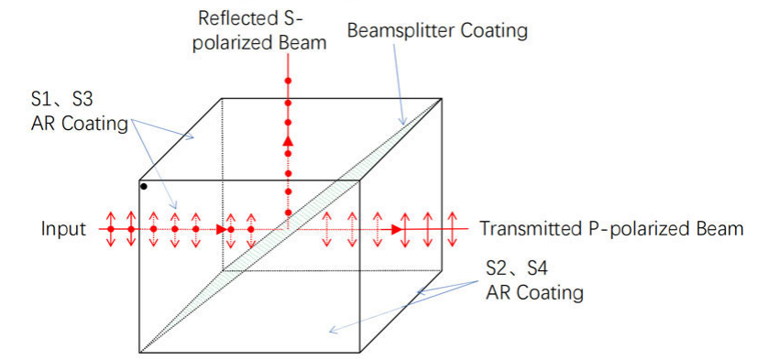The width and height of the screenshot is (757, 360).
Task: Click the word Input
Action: (64, 229)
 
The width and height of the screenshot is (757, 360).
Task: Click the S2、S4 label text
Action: (517, 268)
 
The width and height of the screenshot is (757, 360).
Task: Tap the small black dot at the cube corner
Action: (144, 186)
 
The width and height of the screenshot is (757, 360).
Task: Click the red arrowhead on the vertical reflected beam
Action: (288, 141)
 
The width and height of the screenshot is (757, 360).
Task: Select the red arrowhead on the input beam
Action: (222, 229)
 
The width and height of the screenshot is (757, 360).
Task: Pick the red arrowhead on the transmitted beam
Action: (397, 229)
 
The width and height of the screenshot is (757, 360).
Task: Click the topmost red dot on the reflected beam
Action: (288, 81)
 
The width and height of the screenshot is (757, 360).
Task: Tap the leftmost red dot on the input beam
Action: (111, 229)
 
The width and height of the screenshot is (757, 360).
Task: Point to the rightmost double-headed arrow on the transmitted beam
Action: (453, 229)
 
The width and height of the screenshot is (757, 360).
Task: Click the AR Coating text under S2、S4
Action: (534, 292)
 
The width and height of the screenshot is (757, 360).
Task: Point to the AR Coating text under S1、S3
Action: (80, 124)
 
